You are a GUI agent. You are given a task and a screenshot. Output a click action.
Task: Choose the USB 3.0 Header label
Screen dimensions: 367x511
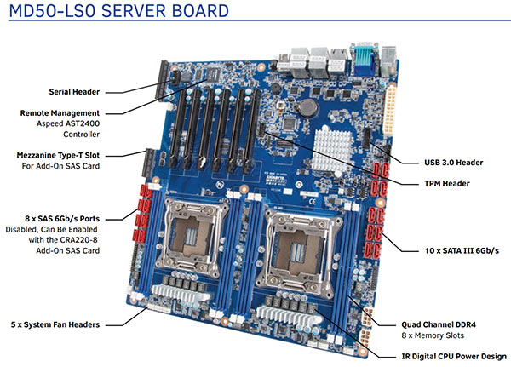455,162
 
